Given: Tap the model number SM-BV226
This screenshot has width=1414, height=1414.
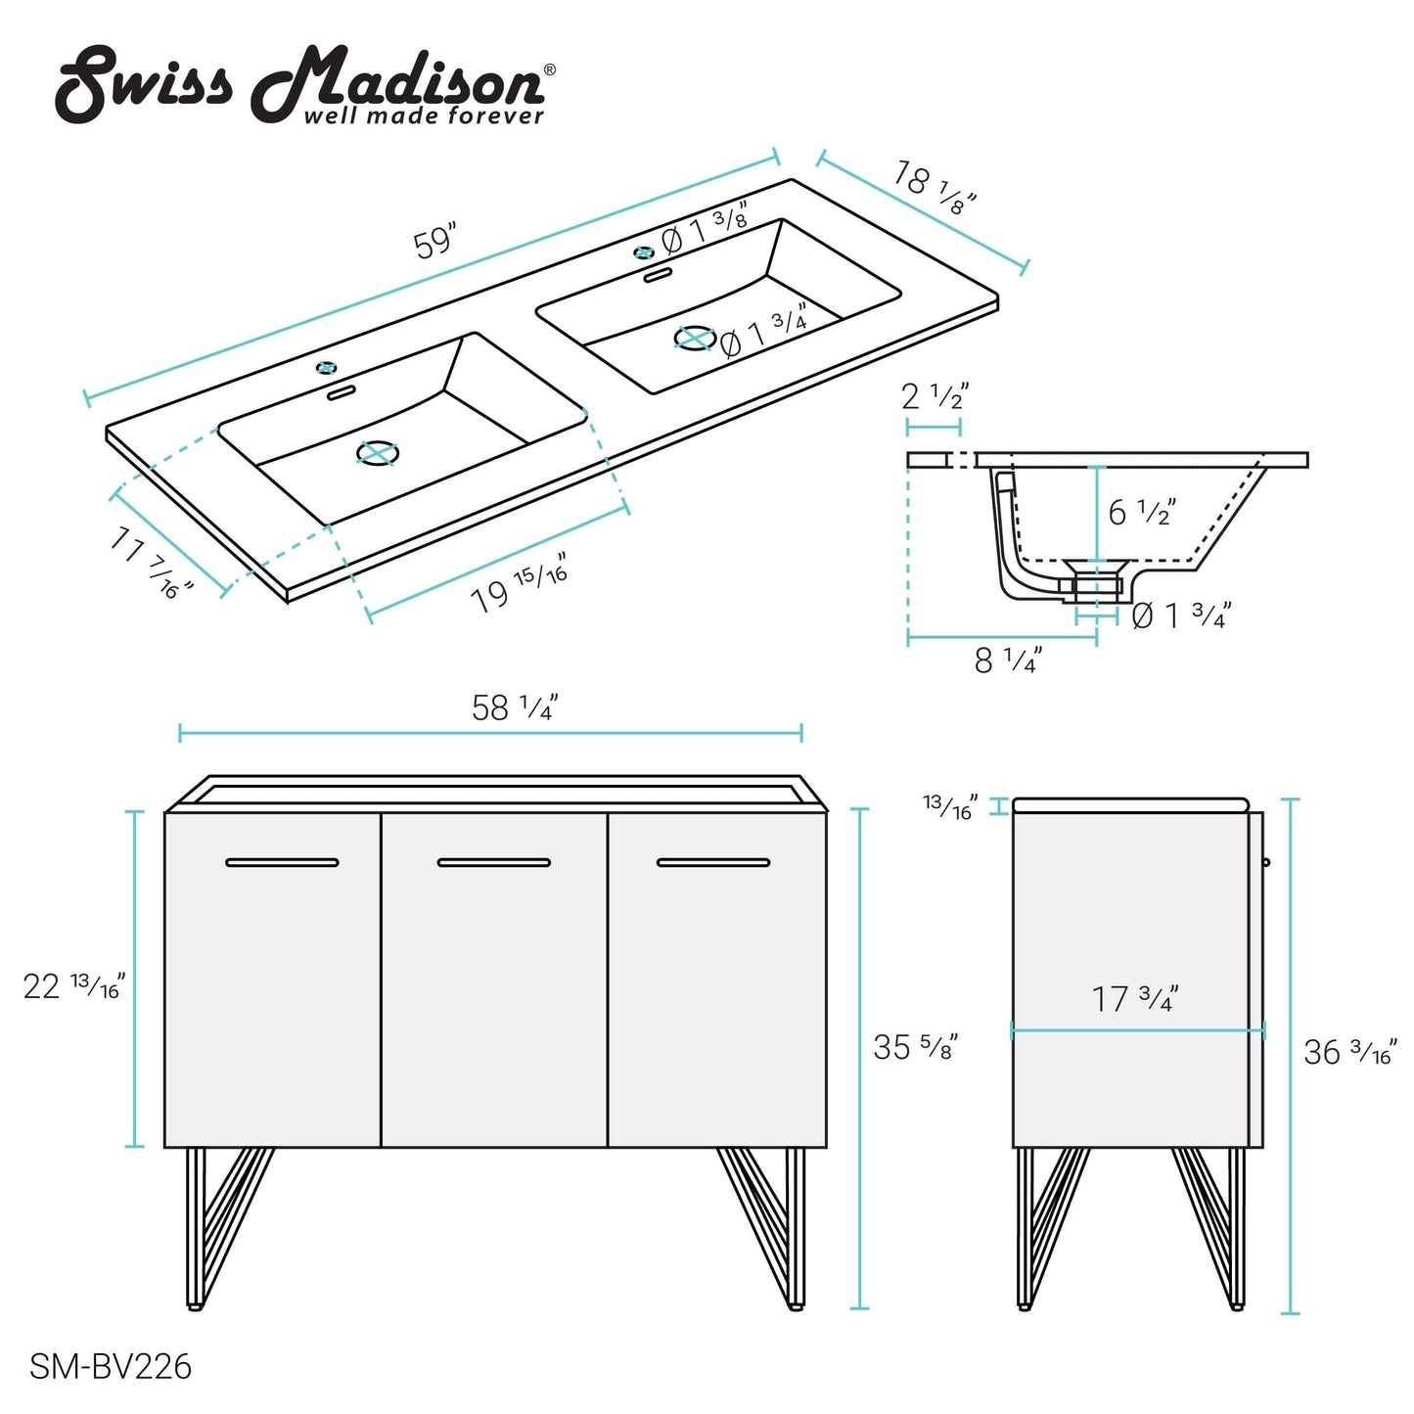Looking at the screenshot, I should (x=111, y=1366).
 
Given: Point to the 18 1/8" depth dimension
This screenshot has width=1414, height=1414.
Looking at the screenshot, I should (x=935, y=188).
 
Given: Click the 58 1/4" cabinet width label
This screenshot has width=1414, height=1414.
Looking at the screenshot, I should (x=515, y=707).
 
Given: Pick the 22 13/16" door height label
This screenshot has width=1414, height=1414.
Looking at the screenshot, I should (x=74, y=985).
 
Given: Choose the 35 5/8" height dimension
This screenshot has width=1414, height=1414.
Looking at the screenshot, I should (x=915, y=1047).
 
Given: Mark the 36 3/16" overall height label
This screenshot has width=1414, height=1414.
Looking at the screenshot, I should (x=1350, y=1053).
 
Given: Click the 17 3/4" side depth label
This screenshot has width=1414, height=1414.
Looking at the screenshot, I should (x=1135, y=999).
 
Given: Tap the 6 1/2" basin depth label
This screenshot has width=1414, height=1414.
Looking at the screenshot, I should (x=1141, y=512).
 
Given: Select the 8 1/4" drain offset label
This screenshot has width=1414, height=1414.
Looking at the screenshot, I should (x=1008, y=661).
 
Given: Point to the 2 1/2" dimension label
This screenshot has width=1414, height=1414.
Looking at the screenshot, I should (x=935, y=396).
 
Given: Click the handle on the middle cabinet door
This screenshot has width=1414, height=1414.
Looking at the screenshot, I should (x=494, y=863).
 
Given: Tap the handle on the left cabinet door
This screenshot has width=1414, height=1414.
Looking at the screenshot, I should (x=282, y=863).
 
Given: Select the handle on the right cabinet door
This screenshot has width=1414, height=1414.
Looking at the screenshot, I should (x=713, y=863).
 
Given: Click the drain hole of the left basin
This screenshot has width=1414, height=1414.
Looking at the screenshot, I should (x=378, y=453).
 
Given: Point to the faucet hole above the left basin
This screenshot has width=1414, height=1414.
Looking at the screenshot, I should (x=326, y=368).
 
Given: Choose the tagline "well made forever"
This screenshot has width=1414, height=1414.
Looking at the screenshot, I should (x=424, y=116).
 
